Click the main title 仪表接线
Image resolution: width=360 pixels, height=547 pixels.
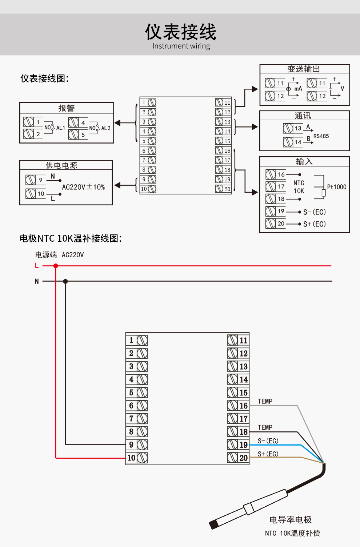(181, 32)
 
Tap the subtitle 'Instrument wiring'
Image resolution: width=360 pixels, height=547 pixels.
(181, 46)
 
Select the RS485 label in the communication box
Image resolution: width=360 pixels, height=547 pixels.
(321, 136)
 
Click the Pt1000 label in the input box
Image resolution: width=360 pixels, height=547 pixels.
(336, 187)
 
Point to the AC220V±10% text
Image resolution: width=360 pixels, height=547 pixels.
(83, 187)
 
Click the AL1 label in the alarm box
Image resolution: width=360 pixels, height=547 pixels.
(60, 128)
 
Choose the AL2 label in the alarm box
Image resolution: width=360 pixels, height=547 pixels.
(105, 128)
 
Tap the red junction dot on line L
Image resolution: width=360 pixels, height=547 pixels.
(56, 266)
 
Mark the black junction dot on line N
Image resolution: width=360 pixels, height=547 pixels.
(65, 281)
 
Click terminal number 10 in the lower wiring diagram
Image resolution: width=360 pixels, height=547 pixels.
(131, 458)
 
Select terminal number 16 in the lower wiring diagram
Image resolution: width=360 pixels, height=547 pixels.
(243, 406)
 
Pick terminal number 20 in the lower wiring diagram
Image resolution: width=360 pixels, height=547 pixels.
(243, 458)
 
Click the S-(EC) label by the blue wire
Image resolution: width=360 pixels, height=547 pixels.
(268, 441)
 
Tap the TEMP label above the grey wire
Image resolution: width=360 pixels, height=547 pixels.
(265, 401)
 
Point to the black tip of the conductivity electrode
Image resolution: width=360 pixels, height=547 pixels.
(213, 524)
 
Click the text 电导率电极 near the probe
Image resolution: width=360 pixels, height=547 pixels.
(291, 520)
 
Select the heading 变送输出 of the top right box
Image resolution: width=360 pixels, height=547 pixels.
(304, 69)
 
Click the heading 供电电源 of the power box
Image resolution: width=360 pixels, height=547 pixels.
(61, 165)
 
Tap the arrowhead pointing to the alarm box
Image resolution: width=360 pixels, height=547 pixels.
(117, 123)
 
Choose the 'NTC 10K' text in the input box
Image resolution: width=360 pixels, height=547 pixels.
(299, 187)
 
